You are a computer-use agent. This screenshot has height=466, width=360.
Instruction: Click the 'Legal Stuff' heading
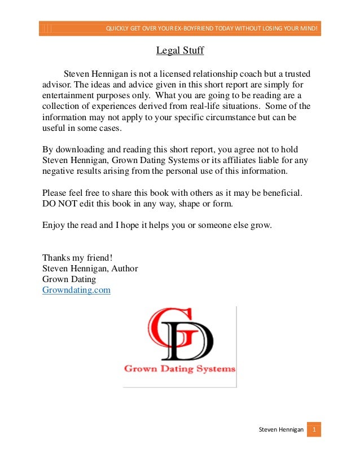tap(179, 51)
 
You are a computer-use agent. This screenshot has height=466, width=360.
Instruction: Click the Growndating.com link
tap(76, 290)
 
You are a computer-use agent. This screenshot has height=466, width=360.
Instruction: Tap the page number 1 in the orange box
tap(314, 430)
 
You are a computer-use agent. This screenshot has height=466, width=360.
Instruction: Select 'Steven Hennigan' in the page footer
tap(281, 430)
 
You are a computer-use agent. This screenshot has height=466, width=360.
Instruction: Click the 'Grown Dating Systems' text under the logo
tap(179, 370)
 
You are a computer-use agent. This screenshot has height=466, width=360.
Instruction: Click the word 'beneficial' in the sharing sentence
tap(282, 192)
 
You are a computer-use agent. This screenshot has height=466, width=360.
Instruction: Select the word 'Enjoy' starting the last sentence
tap(54, 225)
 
